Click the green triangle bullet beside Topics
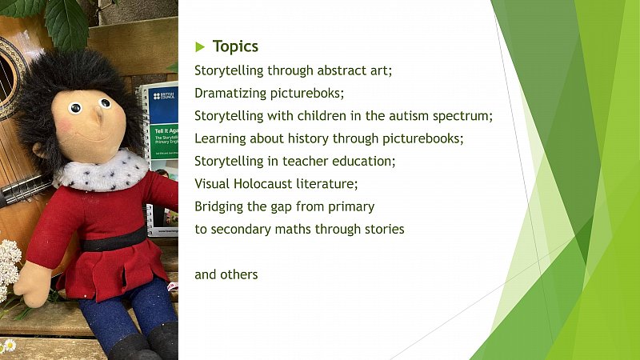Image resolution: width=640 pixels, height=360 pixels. pos(199,47)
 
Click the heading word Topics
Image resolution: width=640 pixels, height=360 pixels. pos(235,47)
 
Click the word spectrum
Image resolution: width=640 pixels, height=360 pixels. pos(462,117)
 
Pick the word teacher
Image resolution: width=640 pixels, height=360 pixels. pos(306,162)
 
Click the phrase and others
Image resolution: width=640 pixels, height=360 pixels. pos(226,274)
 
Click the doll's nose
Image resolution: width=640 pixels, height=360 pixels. pos(98,117)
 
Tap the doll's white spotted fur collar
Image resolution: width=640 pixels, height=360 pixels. pos(102,170)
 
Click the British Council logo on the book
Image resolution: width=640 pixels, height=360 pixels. pos(164,96)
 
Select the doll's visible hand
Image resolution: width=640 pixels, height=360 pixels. pos(34,284)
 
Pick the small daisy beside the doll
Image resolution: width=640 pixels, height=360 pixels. pos(10,346)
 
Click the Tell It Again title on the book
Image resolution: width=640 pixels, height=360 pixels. pos(166,131)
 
